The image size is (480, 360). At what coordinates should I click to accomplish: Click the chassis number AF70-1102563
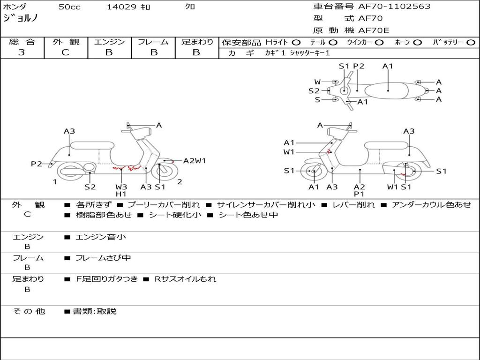tap(394, 7)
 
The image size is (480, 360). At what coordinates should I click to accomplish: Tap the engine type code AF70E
tap(374, 30)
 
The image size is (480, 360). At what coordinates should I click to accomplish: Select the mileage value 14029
tap(121, 7)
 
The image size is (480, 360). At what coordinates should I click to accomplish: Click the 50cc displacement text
tap(69, 7)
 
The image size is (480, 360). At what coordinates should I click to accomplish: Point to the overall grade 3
tap(22, 52)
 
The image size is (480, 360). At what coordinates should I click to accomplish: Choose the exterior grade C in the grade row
tap(66, 52)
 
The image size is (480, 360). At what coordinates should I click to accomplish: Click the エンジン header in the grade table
tap(109, 42)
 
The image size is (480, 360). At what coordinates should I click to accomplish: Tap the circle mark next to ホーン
tap(417, 43)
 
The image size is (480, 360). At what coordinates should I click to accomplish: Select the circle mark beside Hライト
tap(296, 43)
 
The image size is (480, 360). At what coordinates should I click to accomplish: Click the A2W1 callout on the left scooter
tap(195, 161)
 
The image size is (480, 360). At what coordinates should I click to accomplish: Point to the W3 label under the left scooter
tap(121, 187)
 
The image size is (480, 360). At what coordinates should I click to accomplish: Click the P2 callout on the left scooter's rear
tap(37, 164)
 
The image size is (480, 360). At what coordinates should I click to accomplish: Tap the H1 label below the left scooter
tap(121, 194)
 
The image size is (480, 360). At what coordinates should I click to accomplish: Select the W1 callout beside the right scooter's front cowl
tap(289, 152)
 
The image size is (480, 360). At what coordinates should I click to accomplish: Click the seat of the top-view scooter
tap(386, 91)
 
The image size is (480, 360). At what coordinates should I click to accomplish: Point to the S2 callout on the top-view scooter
tap(314, 91)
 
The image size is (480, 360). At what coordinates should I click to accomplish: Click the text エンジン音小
tap(101, 237)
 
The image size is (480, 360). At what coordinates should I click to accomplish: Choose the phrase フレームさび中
tap(103, 258)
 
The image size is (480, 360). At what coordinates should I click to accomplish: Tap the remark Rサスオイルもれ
tap(185, 279)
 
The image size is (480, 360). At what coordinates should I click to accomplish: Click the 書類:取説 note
tap(95, 311)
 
